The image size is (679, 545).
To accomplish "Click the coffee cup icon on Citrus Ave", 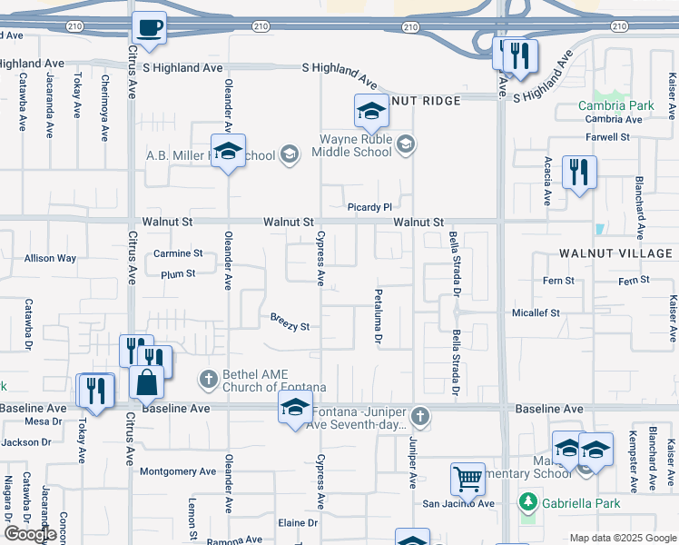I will (149, 28).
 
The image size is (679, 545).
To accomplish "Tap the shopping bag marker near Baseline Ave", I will (147, 382).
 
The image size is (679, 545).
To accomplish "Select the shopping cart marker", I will (467, 478).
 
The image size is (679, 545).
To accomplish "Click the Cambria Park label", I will (616, 105).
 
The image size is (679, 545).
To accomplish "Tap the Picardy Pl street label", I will (368, 207).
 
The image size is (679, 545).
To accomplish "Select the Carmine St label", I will (177, 253).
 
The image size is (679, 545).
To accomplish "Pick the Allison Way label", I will (50, 258).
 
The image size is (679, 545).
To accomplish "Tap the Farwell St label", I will (608, 137).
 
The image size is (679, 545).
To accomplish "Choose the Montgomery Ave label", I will (178, 471).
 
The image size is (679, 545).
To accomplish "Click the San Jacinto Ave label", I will (458, 503).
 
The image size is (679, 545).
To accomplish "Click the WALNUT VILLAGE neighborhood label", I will (617, 253).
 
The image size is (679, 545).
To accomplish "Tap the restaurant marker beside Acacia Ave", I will (578, 171).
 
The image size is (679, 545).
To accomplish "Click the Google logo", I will (30, 534).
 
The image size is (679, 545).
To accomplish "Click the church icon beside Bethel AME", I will (209, 377).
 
